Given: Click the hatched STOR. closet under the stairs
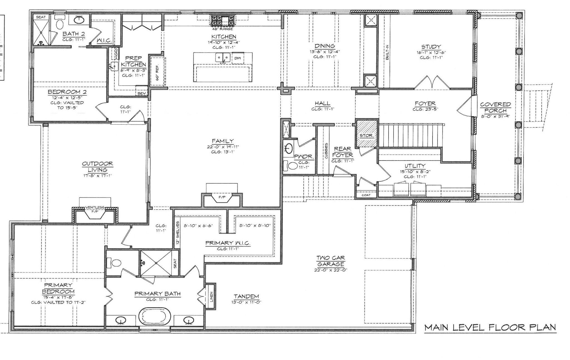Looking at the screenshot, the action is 367,133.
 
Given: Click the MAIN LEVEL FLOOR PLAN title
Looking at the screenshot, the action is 490,327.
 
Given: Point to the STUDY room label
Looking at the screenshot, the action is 431,47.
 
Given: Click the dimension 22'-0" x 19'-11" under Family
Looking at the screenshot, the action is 223,147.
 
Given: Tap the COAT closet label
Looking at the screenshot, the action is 366,195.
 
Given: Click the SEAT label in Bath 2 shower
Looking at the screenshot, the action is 41,17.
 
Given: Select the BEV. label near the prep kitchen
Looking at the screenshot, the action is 142,93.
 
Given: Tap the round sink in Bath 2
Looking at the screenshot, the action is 80,20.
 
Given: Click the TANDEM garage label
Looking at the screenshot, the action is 246,297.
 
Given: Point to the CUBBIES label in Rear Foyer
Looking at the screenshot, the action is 326,151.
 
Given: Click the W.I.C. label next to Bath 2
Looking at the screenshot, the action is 104,41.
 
